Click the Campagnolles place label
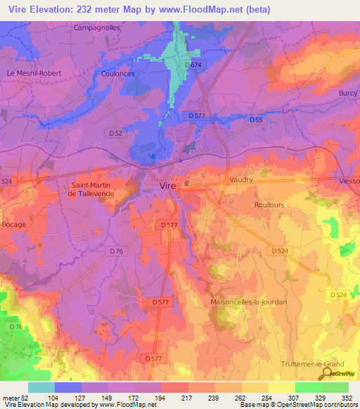[x=98, y=28]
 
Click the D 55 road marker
[x=256, y=120]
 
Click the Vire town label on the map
[x=167, y=186]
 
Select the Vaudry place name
[x=242, y=180]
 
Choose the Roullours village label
[x=267, y=204]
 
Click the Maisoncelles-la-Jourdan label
[x=249, y=302]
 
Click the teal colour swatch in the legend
[x=41, y=387]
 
